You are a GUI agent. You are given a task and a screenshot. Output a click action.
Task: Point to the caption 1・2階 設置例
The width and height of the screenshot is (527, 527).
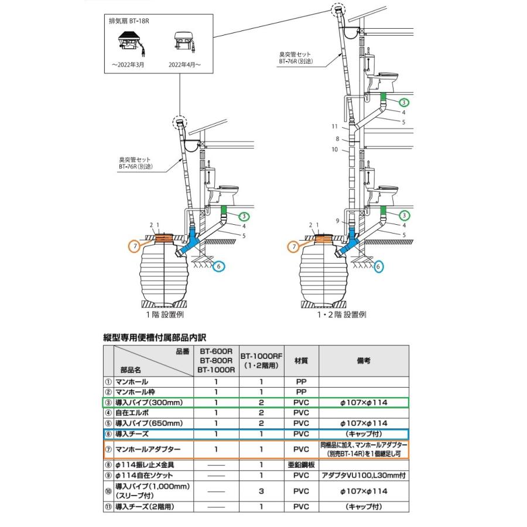341,314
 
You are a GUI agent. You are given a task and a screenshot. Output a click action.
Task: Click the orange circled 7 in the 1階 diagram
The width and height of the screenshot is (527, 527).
135,247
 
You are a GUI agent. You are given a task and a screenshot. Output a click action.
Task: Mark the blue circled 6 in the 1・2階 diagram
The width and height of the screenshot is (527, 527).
378,266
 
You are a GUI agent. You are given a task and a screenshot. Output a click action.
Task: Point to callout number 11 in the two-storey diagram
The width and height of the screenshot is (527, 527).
335,126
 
